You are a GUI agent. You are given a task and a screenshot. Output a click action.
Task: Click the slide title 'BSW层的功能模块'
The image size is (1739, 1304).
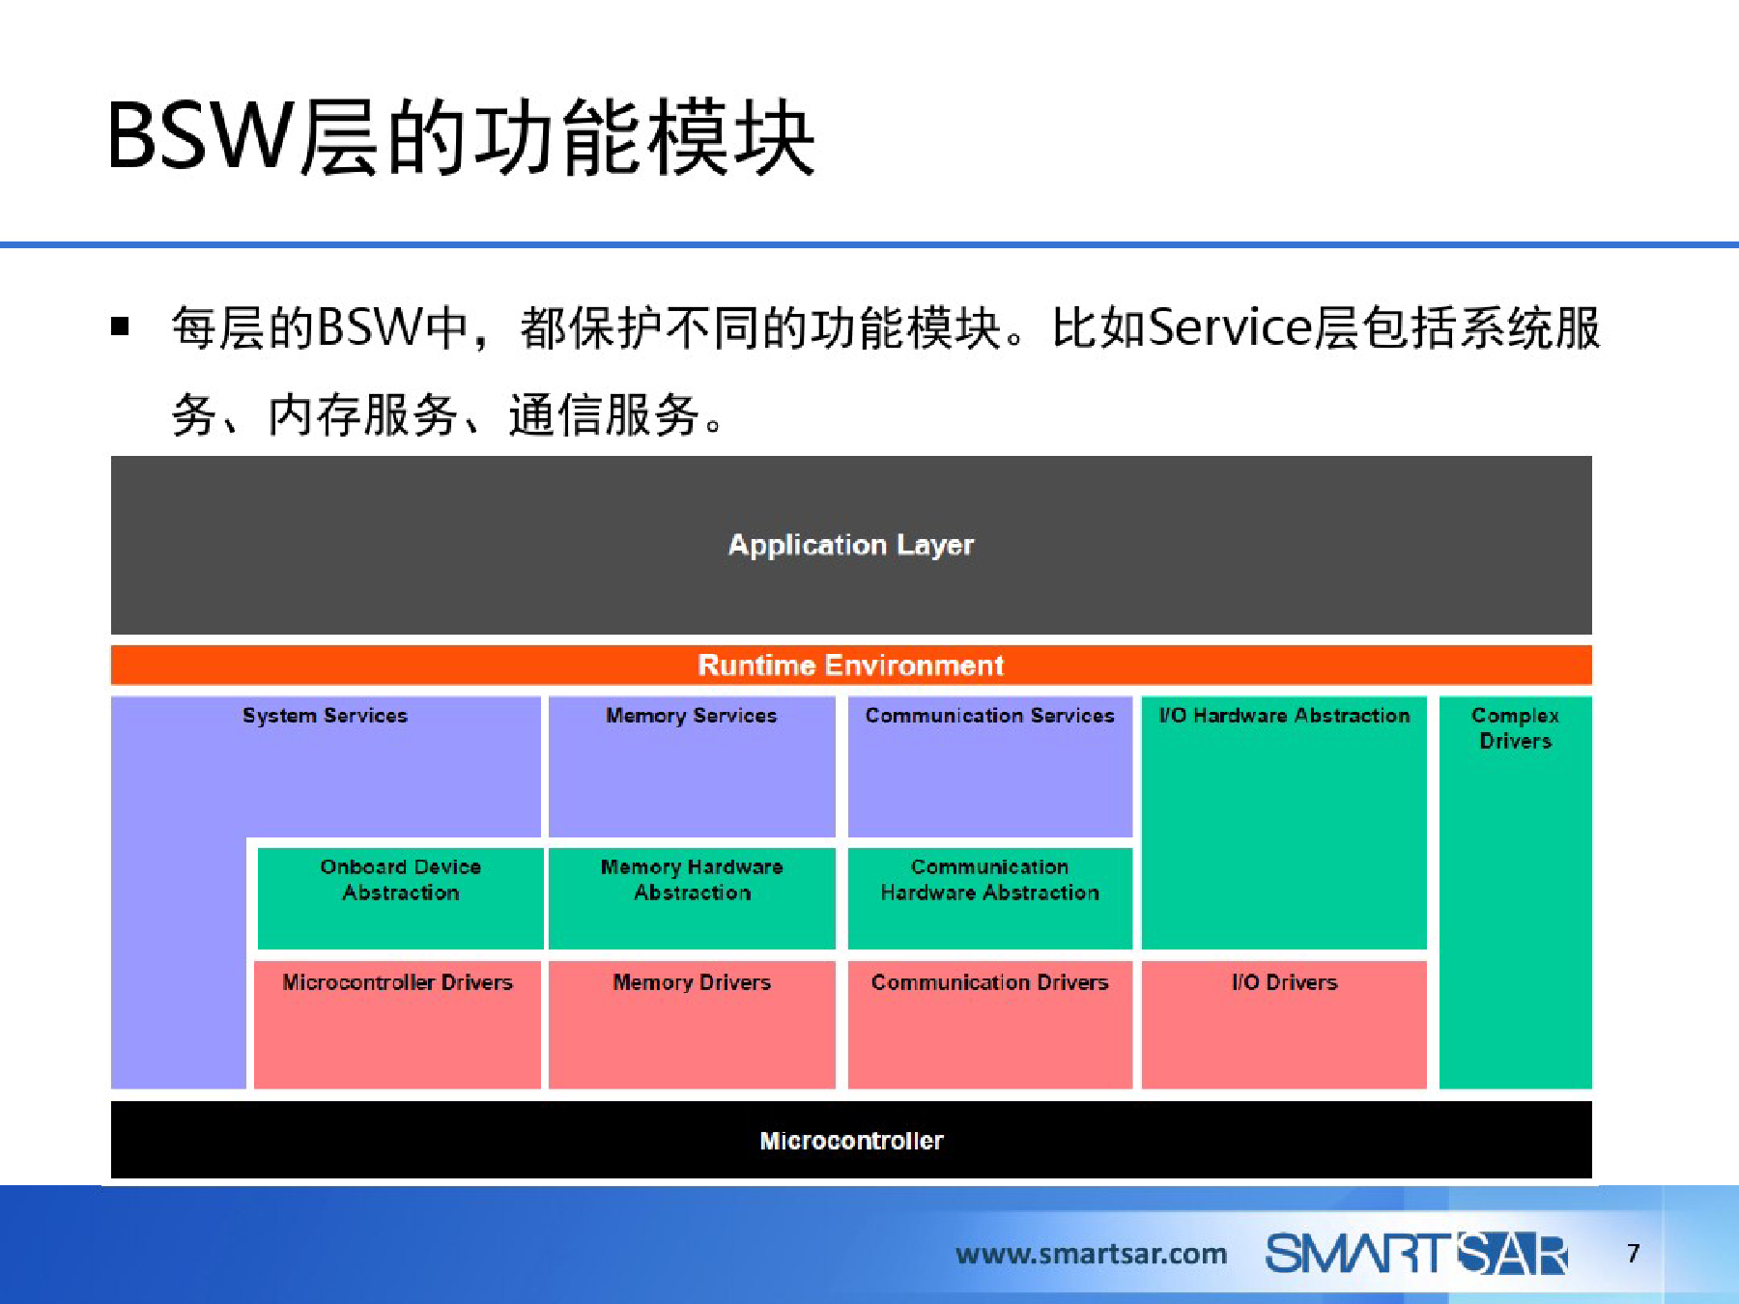462,137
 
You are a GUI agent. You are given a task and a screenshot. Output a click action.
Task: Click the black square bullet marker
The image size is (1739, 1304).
120,326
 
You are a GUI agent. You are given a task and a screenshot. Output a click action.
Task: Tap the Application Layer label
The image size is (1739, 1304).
851,545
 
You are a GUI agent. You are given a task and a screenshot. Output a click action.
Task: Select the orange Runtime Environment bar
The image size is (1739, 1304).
851,665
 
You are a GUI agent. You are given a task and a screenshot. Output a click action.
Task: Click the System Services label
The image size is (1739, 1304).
325,716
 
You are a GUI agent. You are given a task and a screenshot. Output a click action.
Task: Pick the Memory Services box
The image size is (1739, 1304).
692,766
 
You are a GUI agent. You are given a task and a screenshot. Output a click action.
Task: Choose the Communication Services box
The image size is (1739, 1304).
990,766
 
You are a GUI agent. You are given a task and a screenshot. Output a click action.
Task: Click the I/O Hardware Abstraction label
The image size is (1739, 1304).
1284,716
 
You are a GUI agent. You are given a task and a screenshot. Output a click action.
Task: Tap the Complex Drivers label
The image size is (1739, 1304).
1515,728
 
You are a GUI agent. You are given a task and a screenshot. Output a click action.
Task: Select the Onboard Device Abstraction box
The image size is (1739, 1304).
400,898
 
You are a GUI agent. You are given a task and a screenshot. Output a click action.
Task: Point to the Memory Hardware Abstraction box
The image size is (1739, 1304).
692,898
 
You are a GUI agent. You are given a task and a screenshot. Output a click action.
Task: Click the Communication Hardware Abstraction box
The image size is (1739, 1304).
990,898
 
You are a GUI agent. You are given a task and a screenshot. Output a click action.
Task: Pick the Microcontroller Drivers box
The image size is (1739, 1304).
397,1024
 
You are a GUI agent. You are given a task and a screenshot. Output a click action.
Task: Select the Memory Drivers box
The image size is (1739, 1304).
692,1024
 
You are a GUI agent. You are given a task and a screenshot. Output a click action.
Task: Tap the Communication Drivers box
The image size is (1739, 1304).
990,1024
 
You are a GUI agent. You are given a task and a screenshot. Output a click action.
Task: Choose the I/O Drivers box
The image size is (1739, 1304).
1284,1024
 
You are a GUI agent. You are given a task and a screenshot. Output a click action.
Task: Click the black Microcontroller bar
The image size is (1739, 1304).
851,1140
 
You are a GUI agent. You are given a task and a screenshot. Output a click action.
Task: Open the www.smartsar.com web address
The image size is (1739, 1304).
1091,1254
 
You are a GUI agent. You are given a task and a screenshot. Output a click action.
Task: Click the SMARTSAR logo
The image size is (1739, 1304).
1416,1254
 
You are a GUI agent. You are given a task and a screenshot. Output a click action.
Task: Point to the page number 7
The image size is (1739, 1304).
1633,1254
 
